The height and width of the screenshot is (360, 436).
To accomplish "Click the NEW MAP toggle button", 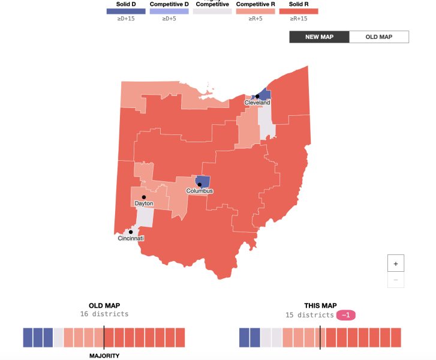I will (x=319, y=37).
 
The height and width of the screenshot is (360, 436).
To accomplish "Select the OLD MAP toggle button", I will (x=379, y=37).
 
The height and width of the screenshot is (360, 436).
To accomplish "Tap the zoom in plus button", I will (x=396, y=263).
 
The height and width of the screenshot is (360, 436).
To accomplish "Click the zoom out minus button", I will (x=396, y=279).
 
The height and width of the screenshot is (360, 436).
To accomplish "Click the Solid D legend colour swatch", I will (x=125, y=11).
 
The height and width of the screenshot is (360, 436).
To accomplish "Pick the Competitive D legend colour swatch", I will (x=169, y=11).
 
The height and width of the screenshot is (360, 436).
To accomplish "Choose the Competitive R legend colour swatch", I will (x=255, y=11).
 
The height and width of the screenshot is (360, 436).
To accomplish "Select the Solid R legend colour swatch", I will (x=299, y=11).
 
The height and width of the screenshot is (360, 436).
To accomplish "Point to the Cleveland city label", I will (x=257, y=103).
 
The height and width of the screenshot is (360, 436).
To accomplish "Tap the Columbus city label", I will (x=199, y=191).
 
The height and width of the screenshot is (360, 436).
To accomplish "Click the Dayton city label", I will (x=144, y=203).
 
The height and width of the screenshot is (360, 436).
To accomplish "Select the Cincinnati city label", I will (x=131, y=238).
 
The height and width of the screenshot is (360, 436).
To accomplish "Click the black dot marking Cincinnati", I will (x=130, y=232).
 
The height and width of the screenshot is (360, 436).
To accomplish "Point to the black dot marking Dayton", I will (x=144, y=197).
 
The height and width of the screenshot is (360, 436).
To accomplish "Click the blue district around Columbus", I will (x=203, y=181).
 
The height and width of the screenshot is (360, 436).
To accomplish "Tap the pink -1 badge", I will (x=346, y=315).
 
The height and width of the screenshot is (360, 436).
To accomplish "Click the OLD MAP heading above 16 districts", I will (x=104, y=305).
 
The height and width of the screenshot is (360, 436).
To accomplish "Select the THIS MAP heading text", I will (x=320, y=305).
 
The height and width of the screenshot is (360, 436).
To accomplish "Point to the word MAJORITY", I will (x=104, y=355).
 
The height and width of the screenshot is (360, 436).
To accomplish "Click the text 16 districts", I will (x=104, y=314).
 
